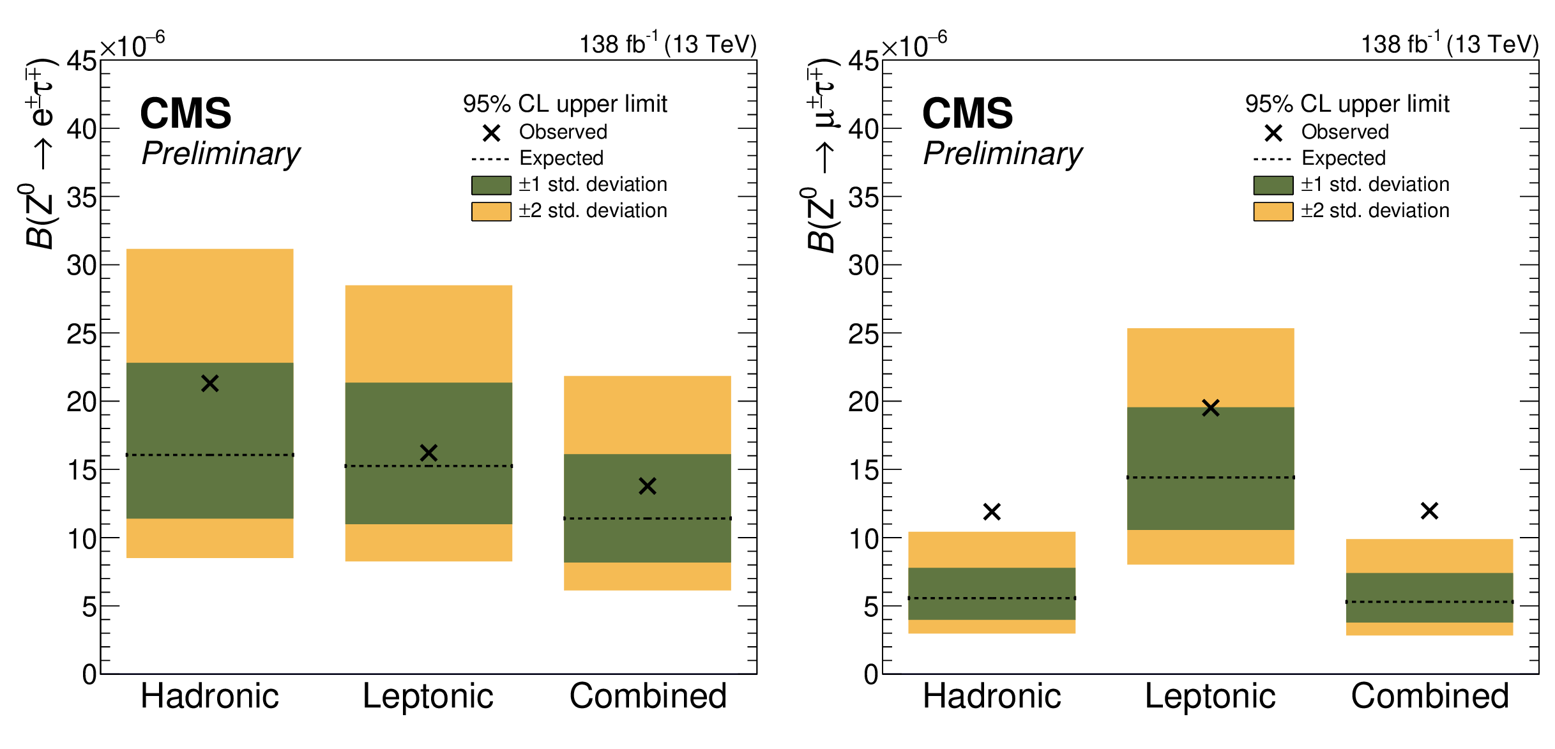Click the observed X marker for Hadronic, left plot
[210, 383]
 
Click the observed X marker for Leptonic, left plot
[429, 453]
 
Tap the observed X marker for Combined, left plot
[648, 486]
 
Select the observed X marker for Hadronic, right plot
[992, 511]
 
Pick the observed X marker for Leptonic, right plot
[1211, 408]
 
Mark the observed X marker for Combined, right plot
[1429, 511]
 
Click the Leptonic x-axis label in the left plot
[428, 696]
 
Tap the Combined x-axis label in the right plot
[1430, 696]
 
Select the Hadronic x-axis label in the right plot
[992, 696]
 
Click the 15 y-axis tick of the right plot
[863, 471]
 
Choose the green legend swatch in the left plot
[491, 185]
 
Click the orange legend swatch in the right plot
[1273, 211]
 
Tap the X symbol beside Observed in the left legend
[491, 133]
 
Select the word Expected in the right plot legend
[1344, 158]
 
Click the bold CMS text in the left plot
[186, 114]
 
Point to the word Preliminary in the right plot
[1003, 154]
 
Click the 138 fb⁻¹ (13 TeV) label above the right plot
[1450, 44]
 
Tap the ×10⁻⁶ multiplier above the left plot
[132, 46]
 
